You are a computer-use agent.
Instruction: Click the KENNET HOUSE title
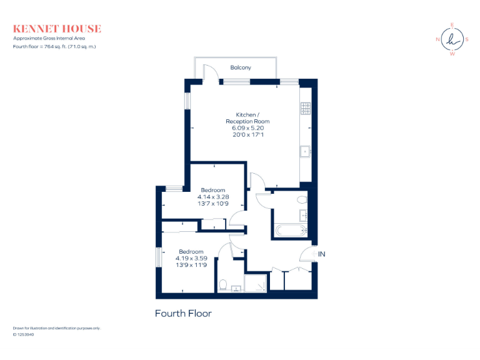(x=57, y=29)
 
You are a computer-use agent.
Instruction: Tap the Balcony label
(x=241, y=67)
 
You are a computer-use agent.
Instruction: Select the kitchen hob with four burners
(x=306, y=109)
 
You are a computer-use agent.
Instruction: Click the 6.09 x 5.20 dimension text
(x=246, y=127)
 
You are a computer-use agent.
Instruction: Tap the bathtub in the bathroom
(x=291, y=231)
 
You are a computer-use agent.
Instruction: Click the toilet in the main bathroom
(x=302, y=200)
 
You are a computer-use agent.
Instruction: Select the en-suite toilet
(x=223, y=284)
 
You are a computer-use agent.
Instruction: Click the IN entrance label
(x=322, y=254)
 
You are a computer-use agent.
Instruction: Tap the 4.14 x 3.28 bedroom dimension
(x=212, y=197)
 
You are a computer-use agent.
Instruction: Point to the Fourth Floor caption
(x=183, y=313)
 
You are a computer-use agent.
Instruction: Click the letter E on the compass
(x=452, y=25)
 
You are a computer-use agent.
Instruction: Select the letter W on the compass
(x=452, y=54)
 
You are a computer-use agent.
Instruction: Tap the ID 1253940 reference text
(x=23, y=334)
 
